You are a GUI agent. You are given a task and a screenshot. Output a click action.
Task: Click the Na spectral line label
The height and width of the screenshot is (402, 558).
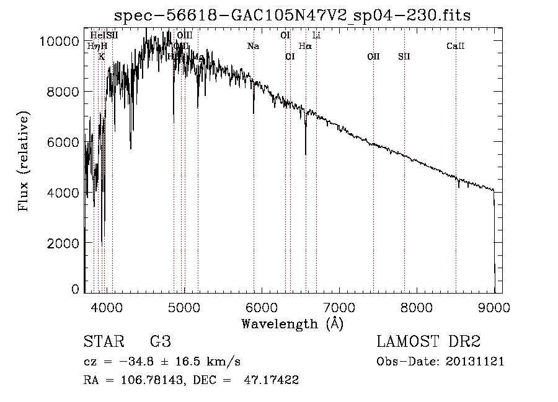click(253, 46)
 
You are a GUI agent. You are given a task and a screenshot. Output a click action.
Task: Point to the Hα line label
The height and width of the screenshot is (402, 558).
click(305, 46)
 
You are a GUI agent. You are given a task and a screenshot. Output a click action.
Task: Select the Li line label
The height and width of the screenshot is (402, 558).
click(316, 35)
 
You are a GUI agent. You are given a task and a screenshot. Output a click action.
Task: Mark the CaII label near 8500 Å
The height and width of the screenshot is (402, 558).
click(456, 46)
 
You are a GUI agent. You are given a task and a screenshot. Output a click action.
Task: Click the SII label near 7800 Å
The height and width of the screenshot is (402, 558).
click(404, 56)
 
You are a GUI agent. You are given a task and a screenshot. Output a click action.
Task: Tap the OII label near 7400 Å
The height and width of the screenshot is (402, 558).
click(373, 56)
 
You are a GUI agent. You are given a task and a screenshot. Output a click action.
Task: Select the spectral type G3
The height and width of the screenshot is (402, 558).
click(160, 342)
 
